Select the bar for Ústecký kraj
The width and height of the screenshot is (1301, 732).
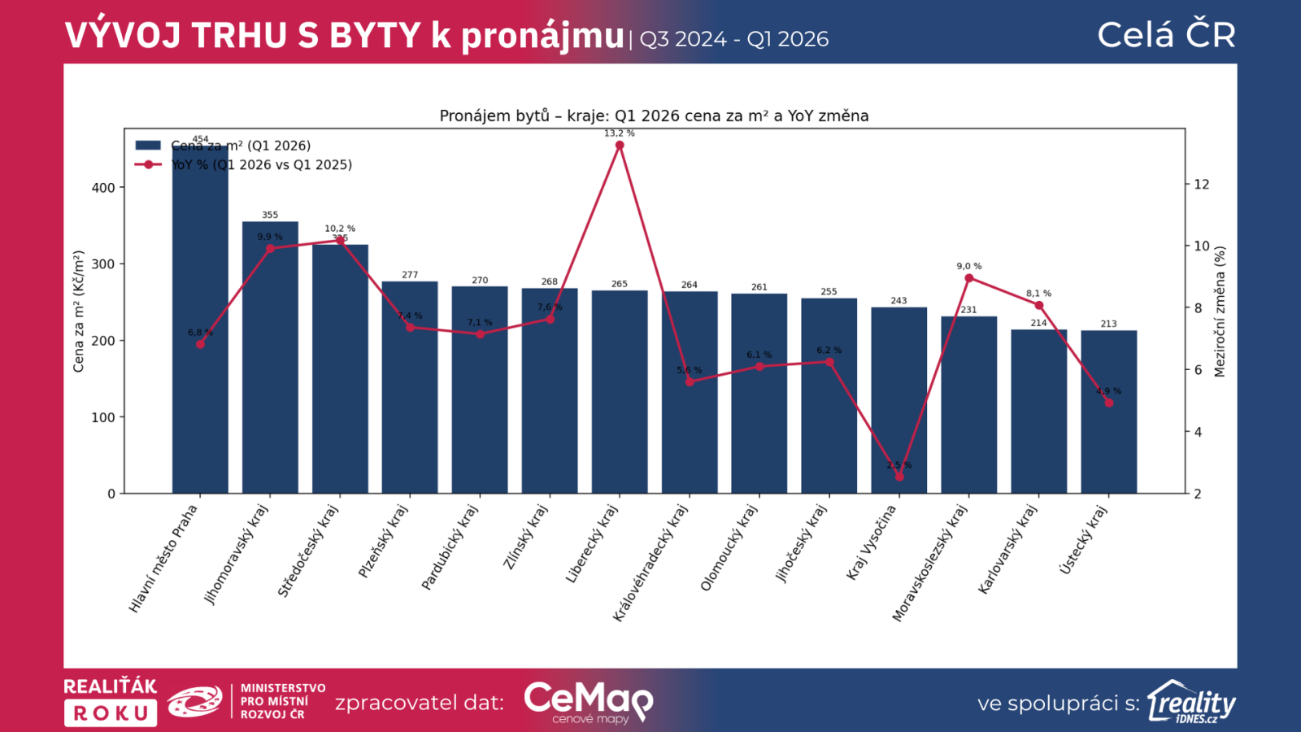tap(1108, 423)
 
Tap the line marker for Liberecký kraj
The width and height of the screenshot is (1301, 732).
tap(620, 146)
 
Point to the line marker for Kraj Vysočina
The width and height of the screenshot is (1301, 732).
tap(899, 477)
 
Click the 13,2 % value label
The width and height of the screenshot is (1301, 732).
tap(620, 133)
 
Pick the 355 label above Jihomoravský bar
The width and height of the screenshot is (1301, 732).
tap(270, 216)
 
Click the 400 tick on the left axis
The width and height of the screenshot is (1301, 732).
tap(103, 188)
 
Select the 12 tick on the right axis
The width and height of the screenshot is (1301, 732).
tap(1201, 185)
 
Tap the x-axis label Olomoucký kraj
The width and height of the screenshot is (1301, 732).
tap(729, 547)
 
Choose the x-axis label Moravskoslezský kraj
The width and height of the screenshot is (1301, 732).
tap(929, 563)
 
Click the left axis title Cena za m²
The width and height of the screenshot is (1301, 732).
tap(79, 312)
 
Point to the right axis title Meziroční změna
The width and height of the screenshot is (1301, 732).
tap(1220, 312)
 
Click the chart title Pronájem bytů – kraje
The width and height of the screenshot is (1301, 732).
tap(654, 115)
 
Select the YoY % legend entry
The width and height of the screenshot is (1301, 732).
tap(261, 165)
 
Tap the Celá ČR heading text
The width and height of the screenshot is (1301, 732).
tap(1166, 35)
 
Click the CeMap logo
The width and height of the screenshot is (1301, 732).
tap(588, 701)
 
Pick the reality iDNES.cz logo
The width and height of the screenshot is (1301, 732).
tap(1191, 702)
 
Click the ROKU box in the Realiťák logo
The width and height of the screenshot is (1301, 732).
tap(111, 713)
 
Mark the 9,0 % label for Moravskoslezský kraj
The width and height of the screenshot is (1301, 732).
tap(969, 266)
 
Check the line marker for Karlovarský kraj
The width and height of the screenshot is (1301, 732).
tap(1039, 305)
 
